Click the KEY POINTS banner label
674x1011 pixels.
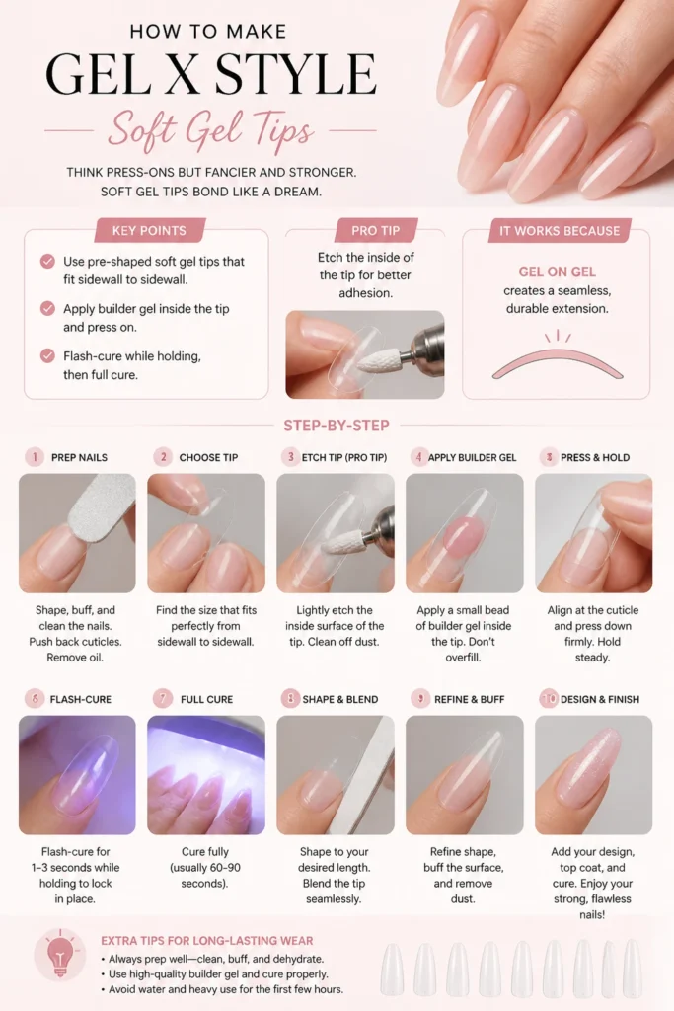coord(149,230)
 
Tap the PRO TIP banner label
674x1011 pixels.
coord(376,230)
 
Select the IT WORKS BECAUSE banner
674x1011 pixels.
coord(560,230)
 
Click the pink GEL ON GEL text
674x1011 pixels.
coord(558,272)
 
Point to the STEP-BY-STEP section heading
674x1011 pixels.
coord(337,426)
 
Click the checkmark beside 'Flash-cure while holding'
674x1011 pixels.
coord(47,355)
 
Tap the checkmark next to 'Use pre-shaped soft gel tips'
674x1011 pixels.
coord(47,261)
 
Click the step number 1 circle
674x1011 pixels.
coord(35,457)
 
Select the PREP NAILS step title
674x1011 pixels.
coord(79,457)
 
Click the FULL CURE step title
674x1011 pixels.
coord(207,699)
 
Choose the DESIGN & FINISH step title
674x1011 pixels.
coord(600,699)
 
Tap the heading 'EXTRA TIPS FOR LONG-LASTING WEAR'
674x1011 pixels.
coord(207,941)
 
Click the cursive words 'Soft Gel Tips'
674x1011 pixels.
coord(211,130)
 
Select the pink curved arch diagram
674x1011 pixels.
coord(558,363)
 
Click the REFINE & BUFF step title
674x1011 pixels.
coord(469,699)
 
